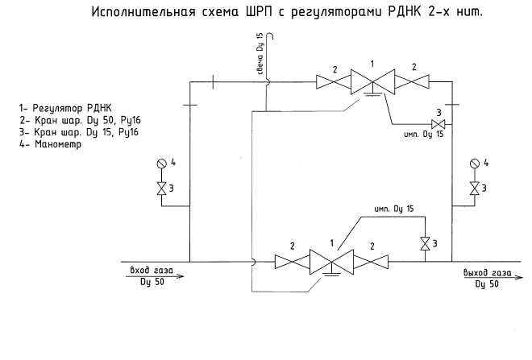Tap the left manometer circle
pyautogui.click(x=161, y=163)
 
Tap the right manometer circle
pyautogui.click(x=476, y=163)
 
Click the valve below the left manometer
pyautogui.click(x=161, y=188)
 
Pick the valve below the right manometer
pyautogui.click(x=476, y=188)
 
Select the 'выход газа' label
pyautogui.click(x=487, y=273)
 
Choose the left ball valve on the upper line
pyautogui.click(x=332, y=81)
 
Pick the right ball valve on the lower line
pyautogui.click(x=372, y=262)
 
